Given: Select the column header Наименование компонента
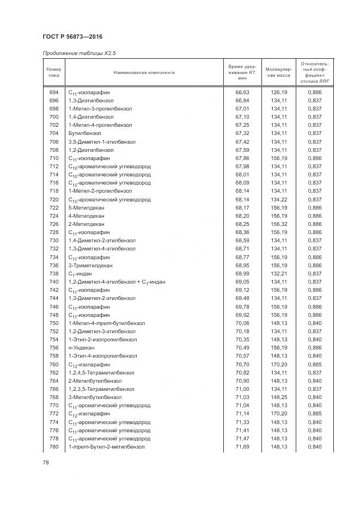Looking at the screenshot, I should click(x=144, y=72).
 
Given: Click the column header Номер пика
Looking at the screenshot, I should click(x=53, y=72).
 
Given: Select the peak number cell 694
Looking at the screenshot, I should click(x=53, y=93).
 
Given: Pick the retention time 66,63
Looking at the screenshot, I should click(x=242, y=93).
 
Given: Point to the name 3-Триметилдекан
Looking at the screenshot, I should click(x=90, y=265).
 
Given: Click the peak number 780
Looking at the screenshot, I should click(x=53, y=446).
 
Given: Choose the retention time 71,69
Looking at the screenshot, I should click(x=242, y=446).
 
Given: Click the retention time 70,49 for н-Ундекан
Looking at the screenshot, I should click(x=242, y=347).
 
